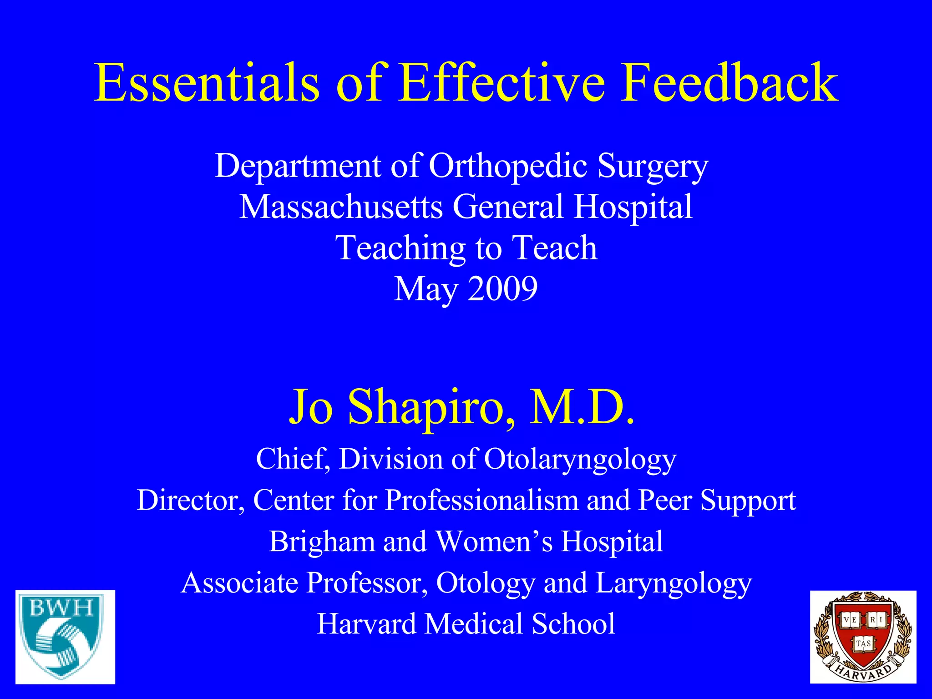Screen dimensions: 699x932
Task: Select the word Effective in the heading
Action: [501, 83]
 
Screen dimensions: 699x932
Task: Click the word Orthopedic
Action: [508, 166]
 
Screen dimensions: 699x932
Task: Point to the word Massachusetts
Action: [341, 207]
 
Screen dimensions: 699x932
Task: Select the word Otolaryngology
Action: [580, 459]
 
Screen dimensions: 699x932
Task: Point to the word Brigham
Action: [322, 542]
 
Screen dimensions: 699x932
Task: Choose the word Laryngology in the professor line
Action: [674, 583]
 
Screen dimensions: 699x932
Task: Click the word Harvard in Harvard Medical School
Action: [366, 623]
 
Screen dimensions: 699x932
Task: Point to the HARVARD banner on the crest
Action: [863, 672]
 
